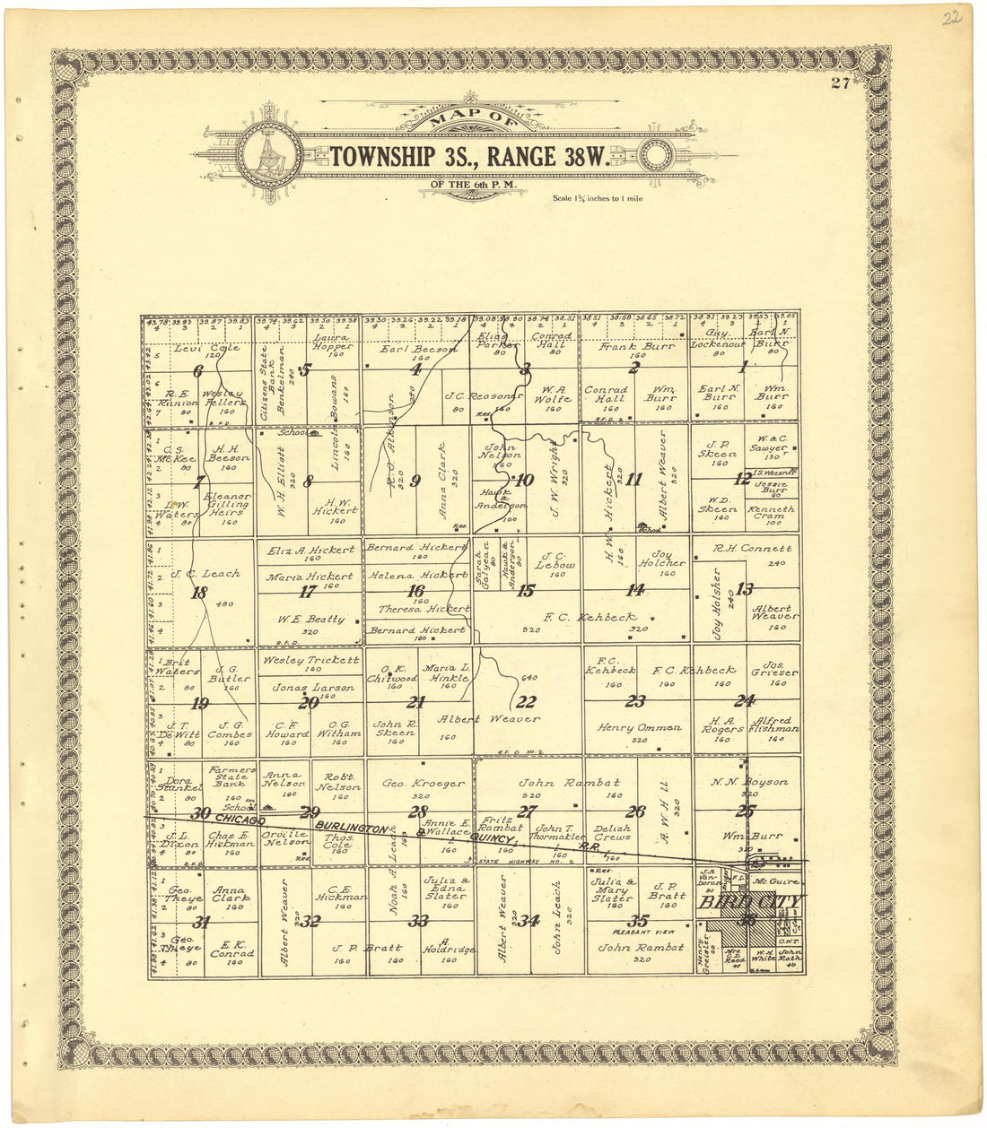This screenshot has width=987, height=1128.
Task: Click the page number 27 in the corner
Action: click(x=840, y=83)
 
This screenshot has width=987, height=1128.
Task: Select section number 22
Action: click(x=526, y=702)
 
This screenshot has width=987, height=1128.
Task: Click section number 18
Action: click(x=199, y=593)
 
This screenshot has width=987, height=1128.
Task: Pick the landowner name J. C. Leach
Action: click(x=205, y=573)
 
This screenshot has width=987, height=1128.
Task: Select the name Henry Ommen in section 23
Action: click(x=638, y=728)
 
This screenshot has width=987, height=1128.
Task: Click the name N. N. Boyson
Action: click(x=749, y=782)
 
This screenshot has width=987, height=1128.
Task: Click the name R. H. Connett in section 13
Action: click(x=752, y=549)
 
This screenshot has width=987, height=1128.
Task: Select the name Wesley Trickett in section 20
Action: click(x=310, y=660)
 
